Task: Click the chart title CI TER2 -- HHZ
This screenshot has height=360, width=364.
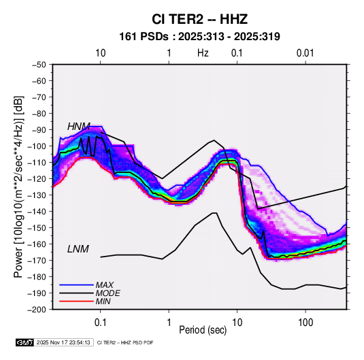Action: click(199, 19)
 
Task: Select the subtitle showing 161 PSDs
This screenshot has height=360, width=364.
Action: click(199, 37)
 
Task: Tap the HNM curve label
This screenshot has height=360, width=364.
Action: click(79, 127)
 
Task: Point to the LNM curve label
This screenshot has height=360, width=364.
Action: click(78, 249)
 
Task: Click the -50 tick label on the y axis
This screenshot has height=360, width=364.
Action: click(39, 65)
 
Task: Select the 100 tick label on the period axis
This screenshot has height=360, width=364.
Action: click(305, 323)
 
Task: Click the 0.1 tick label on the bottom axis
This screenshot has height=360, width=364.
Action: click(100, 323)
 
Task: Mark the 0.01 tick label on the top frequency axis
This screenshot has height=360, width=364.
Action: click(305, 53)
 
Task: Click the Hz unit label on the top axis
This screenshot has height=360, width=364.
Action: click(203, 53)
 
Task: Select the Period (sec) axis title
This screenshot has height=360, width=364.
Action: click(203, 330)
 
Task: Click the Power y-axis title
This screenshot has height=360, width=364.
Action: click(18, 186)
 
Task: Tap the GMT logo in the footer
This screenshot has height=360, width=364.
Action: click(25, 342)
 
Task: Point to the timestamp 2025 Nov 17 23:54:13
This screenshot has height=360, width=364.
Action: click(63, 342)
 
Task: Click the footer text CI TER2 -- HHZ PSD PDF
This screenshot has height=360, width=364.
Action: click(125, 342)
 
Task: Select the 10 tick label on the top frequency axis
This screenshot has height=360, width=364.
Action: click(101, 53)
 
